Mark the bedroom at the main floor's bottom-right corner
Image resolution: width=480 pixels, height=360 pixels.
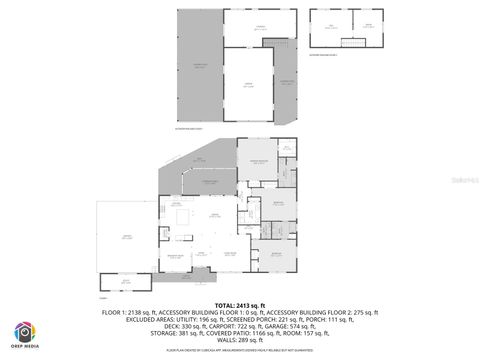tap(276, 256)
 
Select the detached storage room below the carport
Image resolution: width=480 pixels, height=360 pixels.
tap(125, 284)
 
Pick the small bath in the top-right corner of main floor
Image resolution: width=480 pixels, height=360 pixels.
tap(287, 150)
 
